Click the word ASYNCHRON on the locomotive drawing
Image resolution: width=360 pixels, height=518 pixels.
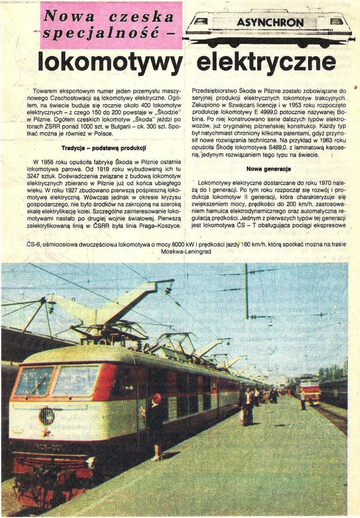(x=270, y=23)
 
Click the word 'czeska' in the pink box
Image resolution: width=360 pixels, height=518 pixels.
(x=141, y=17)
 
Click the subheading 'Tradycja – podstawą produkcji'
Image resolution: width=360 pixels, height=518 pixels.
(x=104, y=148)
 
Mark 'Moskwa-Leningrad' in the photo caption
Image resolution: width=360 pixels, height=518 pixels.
(x=186, y=251)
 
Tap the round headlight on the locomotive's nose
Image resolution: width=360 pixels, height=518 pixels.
(x=46, y=416)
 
